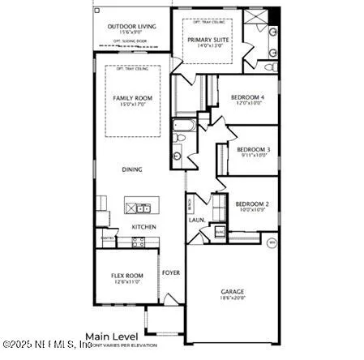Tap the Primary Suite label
click(x=209, y=39)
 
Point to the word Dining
click(x=132, y=169)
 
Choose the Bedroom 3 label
click(x=253, y=149)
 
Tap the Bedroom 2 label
click(x=251, y=204)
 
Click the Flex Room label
click(x=126, y=276)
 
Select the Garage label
click(x=233, y=291)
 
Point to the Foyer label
click(x=171, y=272)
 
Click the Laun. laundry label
click(x=195, y=219)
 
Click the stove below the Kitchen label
click(x=138, y=241)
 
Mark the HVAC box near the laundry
click(x=219, y=232)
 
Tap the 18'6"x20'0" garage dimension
click(x=233, y=298)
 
